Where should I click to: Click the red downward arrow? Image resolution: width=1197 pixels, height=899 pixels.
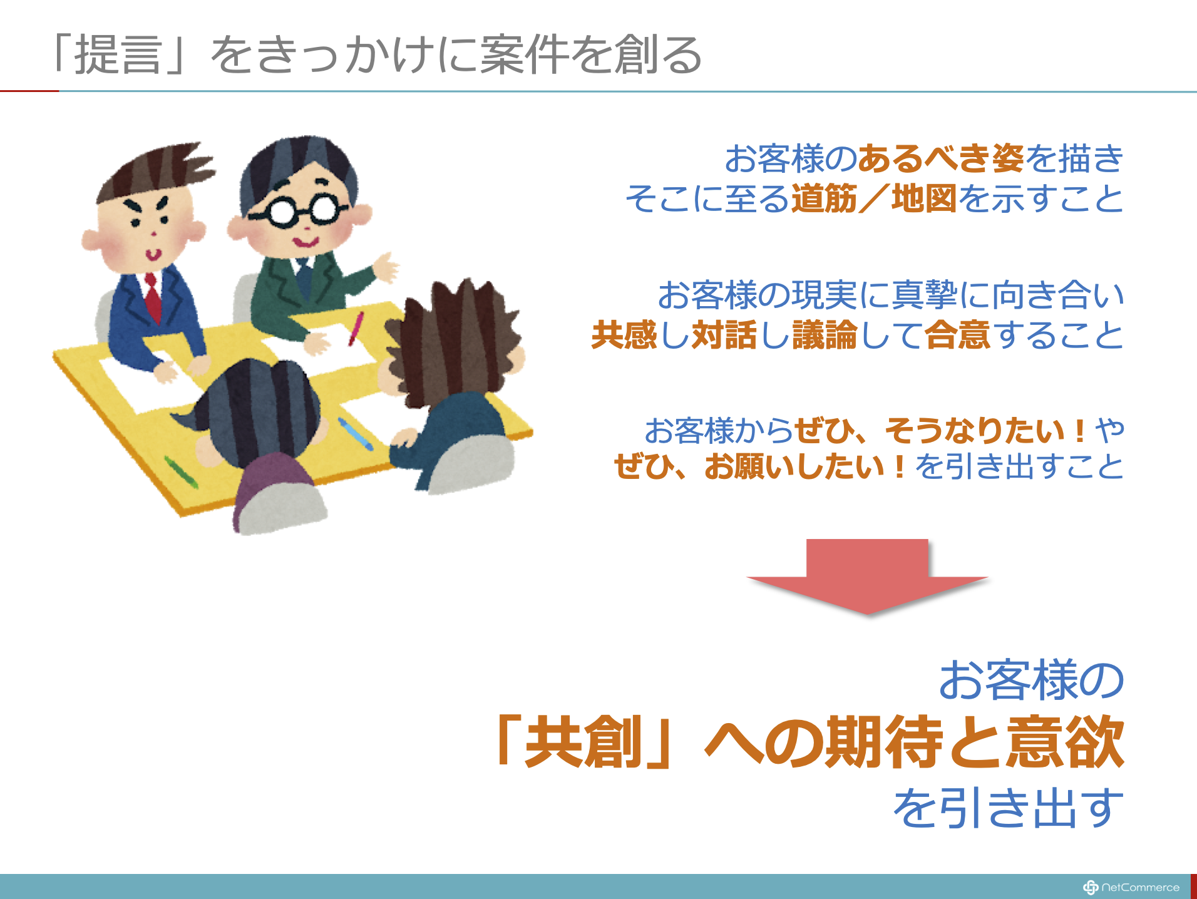pyautogui.click(x=867, y=577)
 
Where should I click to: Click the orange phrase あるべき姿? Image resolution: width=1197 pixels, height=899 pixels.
pyautogui.click(x=941, y=158)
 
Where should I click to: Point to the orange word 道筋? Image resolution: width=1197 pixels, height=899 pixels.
pyautogui.click(x=824, y=199)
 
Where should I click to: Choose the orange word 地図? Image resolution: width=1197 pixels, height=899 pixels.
pyautogui.click(x=924, y=199)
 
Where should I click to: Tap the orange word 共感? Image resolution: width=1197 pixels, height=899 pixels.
pyautogui.click(x=624, y=335)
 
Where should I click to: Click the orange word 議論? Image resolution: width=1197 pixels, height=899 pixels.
pyautogui.click(x=825, y=335)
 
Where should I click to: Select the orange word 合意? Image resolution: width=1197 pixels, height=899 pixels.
pyautogui.click(x=958, y=335)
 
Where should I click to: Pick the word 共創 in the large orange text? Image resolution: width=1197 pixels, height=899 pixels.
pyautogui.click(x=583, y=742)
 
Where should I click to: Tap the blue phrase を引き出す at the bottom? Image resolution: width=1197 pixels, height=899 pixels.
pyautogui.click(x=1009, y=808)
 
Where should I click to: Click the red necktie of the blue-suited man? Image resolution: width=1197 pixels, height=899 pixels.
pyautogui.click(x=152, y=298)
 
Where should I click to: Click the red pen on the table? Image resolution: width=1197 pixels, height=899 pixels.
pyautogui.click(x=356, y=329)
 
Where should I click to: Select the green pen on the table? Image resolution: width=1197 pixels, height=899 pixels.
pyautogui.click(x=181, y=472)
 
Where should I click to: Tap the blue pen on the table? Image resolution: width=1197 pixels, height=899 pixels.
pyautogui.click(x=356, y=433)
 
